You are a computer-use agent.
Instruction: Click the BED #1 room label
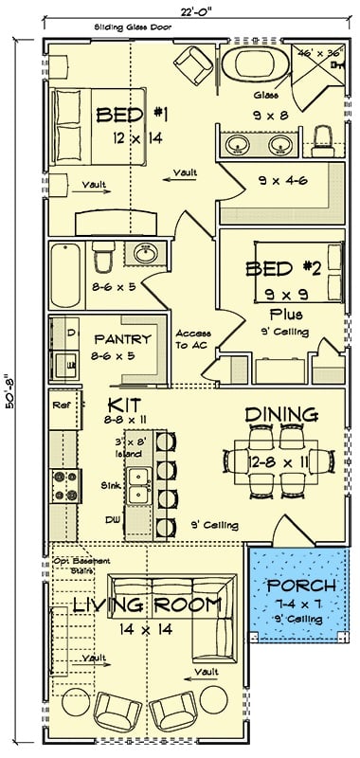point(132,116)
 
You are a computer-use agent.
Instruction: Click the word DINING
point(281,415)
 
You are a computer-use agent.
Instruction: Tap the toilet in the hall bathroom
point(103,256)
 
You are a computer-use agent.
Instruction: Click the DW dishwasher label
point(112,520)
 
